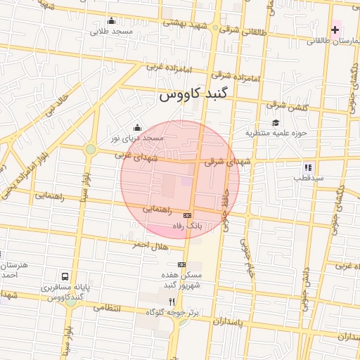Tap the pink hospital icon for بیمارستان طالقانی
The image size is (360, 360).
[x=335, y=30]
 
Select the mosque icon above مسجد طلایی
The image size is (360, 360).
[x=112, y=20]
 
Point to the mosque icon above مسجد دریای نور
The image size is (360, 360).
[x=136, y=127]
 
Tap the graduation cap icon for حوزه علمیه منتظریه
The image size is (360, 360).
[x=275, y=122]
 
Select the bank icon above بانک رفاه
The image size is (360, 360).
[x=187, y=216]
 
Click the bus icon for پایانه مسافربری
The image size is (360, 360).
[x=65, y=276]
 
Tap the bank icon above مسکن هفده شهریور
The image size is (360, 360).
[x=182, y=264]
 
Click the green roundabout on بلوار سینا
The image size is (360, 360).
[x=90, y=149]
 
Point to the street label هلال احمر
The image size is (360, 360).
[x=148, y=245]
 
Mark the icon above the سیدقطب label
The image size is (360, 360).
[x=307, y=167]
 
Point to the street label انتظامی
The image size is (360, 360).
[x=107, y=309]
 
